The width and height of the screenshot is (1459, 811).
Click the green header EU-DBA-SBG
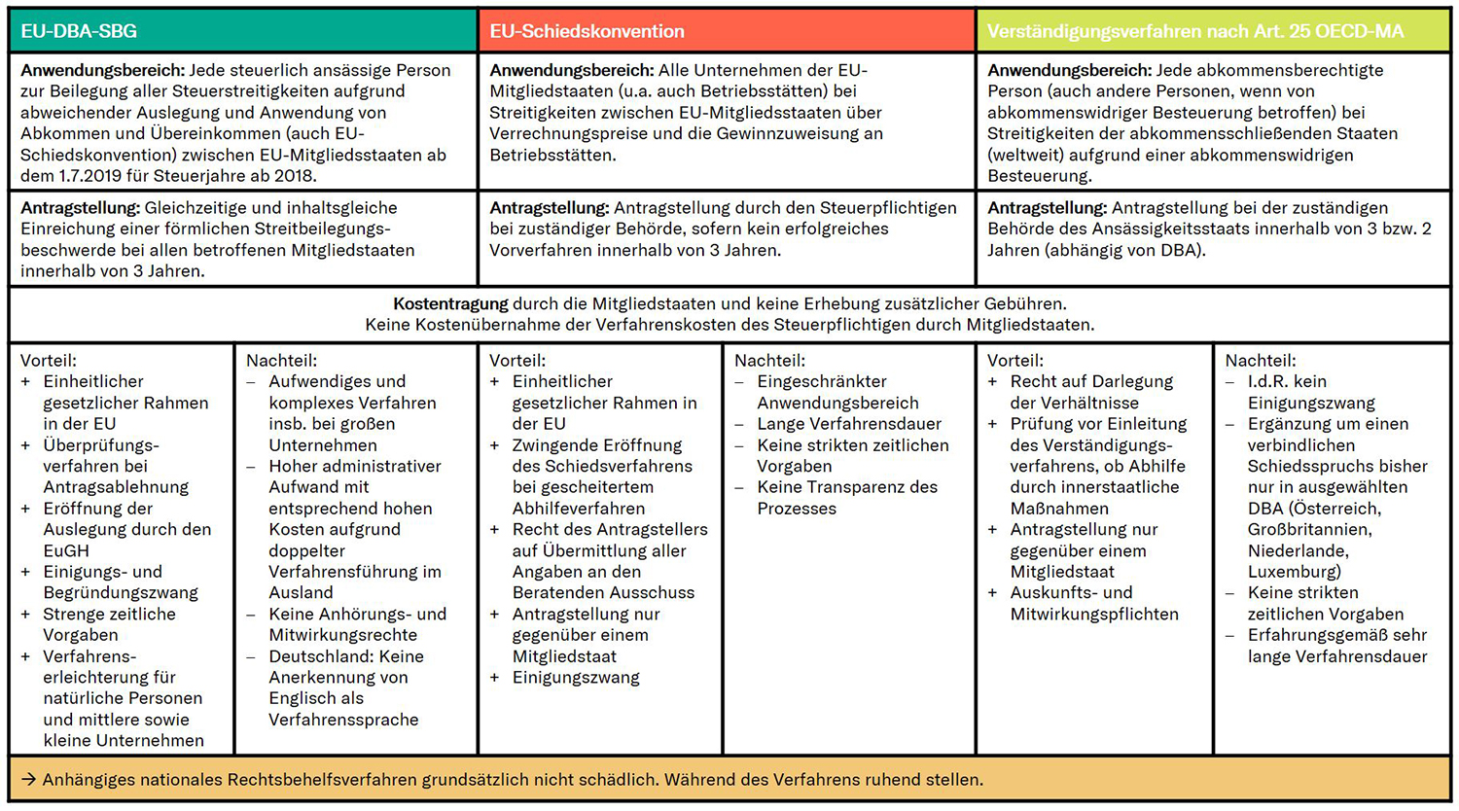click(x=79, y=31)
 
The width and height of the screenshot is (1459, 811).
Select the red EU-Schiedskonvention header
click(x=587, y=31)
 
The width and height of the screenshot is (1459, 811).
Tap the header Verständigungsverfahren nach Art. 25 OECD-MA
click(x=1194, y=31)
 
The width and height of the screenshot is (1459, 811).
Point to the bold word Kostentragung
click(x=450, y=303)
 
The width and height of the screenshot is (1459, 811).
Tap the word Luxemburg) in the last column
click(x=1294, y=572)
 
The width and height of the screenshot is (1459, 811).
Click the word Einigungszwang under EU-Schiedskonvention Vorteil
click(x=576, y=677)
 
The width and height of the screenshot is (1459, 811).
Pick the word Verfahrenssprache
click(x=343, y=720)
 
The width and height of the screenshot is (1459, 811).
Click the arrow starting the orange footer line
click(x=28, y=780)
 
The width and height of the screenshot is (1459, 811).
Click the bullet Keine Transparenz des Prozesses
click(x=846, y=497)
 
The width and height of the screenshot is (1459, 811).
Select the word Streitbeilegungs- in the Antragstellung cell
click(x=316, y=229)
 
